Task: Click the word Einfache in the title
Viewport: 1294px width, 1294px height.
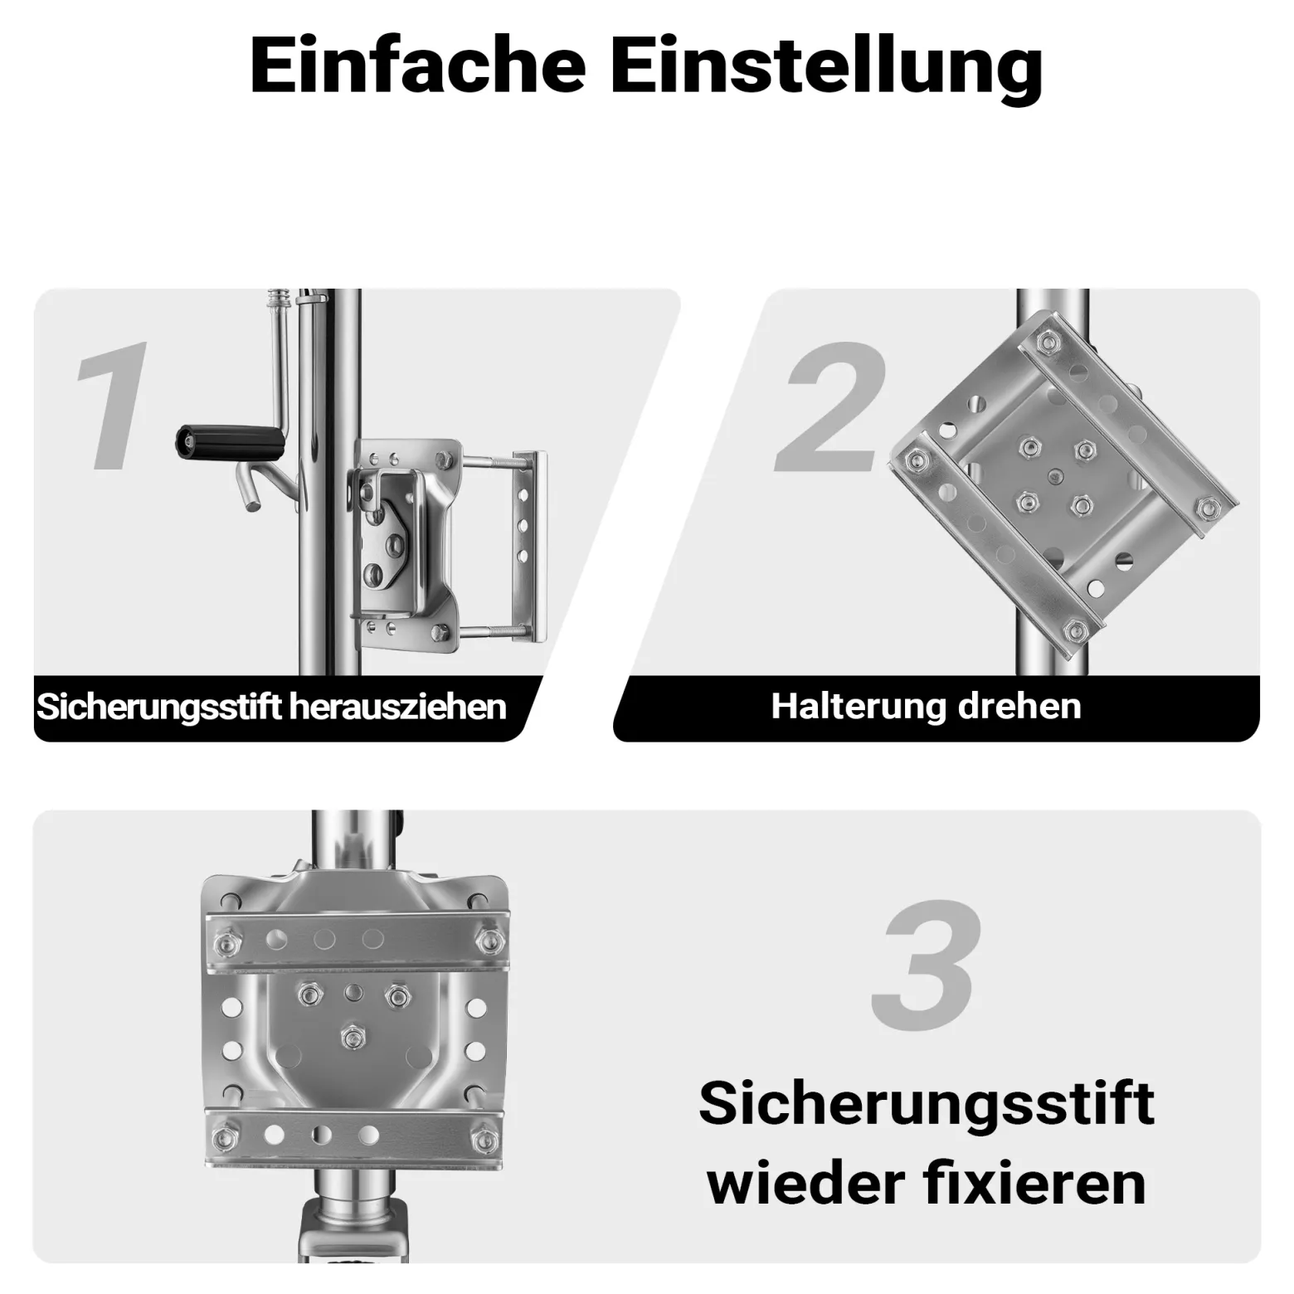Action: [x=418, y=66]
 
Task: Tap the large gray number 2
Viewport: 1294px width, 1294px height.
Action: [x=834, y=406]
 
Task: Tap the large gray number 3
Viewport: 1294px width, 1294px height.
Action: [x=927, y=965]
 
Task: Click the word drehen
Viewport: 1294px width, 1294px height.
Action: [x=1019, y=706]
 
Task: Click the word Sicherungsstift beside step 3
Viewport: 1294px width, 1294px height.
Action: [x=927, y=1105]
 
